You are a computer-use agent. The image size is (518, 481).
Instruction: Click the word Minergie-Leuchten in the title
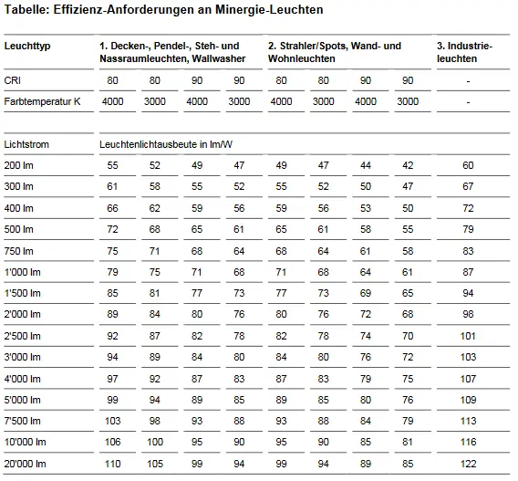(269, 10)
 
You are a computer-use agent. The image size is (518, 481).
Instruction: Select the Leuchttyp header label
(27, 46)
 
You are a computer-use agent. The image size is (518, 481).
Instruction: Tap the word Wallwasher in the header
(219, 58)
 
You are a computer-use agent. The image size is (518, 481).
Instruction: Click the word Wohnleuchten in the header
(302, 58)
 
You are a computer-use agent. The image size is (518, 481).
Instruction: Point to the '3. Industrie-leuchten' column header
(464, 52)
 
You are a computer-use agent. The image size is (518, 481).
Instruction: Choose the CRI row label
(12, 80)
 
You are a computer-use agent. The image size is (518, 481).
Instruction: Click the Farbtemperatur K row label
(42, 101)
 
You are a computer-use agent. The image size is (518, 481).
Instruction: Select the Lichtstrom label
(26, 144)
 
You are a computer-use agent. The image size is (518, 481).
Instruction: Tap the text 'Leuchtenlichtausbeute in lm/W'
(166, 144)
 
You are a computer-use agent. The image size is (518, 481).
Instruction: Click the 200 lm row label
(19, 165)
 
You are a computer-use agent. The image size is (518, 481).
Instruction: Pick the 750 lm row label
(19, 251)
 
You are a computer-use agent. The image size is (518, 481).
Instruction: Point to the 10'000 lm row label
(26, 442)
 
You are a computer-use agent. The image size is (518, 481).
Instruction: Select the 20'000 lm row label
(26, 464)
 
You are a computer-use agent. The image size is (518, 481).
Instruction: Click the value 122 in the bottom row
(468, 464)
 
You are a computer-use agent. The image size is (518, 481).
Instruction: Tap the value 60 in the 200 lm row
(468, 165)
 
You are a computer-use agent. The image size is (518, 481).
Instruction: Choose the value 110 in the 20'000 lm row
(113, 464)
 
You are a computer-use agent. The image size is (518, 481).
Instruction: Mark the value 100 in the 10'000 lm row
(155, 442)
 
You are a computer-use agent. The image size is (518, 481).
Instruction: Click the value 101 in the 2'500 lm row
(468, 336)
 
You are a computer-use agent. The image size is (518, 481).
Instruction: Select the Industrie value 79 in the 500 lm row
(468, 229)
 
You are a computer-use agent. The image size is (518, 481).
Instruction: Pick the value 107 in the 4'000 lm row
(468, 379)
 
